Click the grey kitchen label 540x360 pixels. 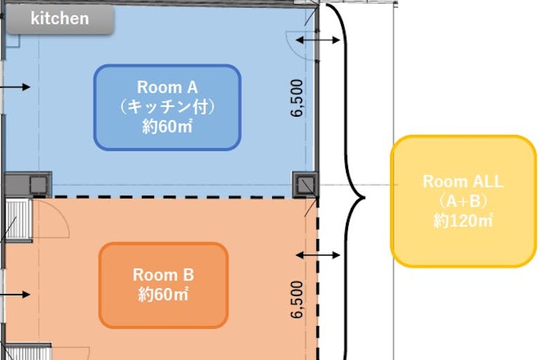tap(60, 19)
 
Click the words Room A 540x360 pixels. tap(167, 87)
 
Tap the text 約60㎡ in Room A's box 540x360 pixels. tap(167, 127)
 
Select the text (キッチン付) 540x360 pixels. tap(167, 107)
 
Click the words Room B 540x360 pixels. tap(164, 275)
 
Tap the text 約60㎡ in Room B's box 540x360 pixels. tap(164, 294)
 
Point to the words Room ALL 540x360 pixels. tap(463, 181)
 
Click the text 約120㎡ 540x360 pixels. tap(463, 221)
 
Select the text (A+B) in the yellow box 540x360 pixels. tap(463, 201)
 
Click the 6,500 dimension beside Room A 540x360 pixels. tap(297, 98)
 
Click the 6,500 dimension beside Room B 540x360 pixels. tap(297, 300)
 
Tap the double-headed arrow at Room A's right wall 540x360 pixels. tap(318, 40)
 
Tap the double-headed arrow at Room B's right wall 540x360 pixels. tap(318, 255)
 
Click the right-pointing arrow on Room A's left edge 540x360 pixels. tap(15, 86)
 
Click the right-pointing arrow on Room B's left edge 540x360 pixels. tap(15, 295)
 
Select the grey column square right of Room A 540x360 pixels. tap(305, 185)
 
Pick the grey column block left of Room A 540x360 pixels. tap(28, 184)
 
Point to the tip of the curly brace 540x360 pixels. tap(365, 198)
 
